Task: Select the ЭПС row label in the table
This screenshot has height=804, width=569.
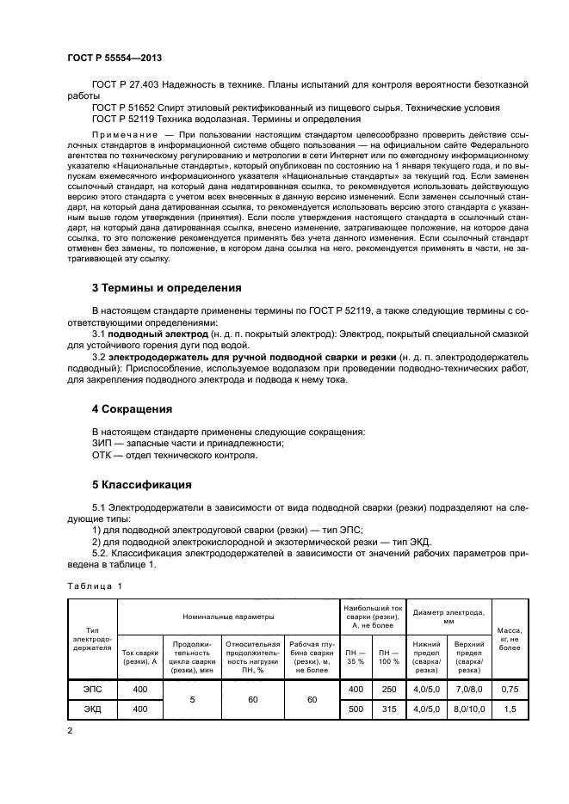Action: (x=91, y=689)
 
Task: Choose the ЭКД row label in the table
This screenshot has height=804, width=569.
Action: (x=91, y=709)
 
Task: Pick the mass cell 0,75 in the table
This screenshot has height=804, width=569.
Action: (x=510, y=689)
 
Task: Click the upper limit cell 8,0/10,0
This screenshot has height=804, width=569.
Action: (x=468, y=709)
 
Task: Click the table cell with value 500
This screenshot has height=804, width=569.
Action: (x=356, y=709)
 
